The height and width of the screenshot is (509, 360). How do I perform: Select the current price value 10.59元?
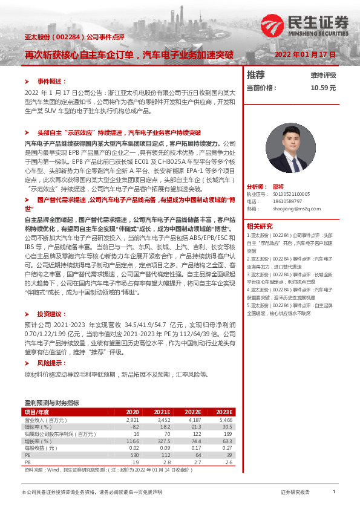[323, 88]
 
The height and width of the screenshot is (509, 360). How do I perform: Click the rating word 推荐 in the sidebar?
[256, 75]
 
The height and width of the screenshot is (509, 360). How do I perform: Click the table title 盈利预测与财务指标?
[52, 402]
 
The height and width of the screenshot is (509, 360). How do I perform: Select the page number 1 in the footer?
[334, 493]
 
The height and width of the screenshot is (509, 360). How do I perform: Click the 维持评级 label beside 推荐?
[323, 75]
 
